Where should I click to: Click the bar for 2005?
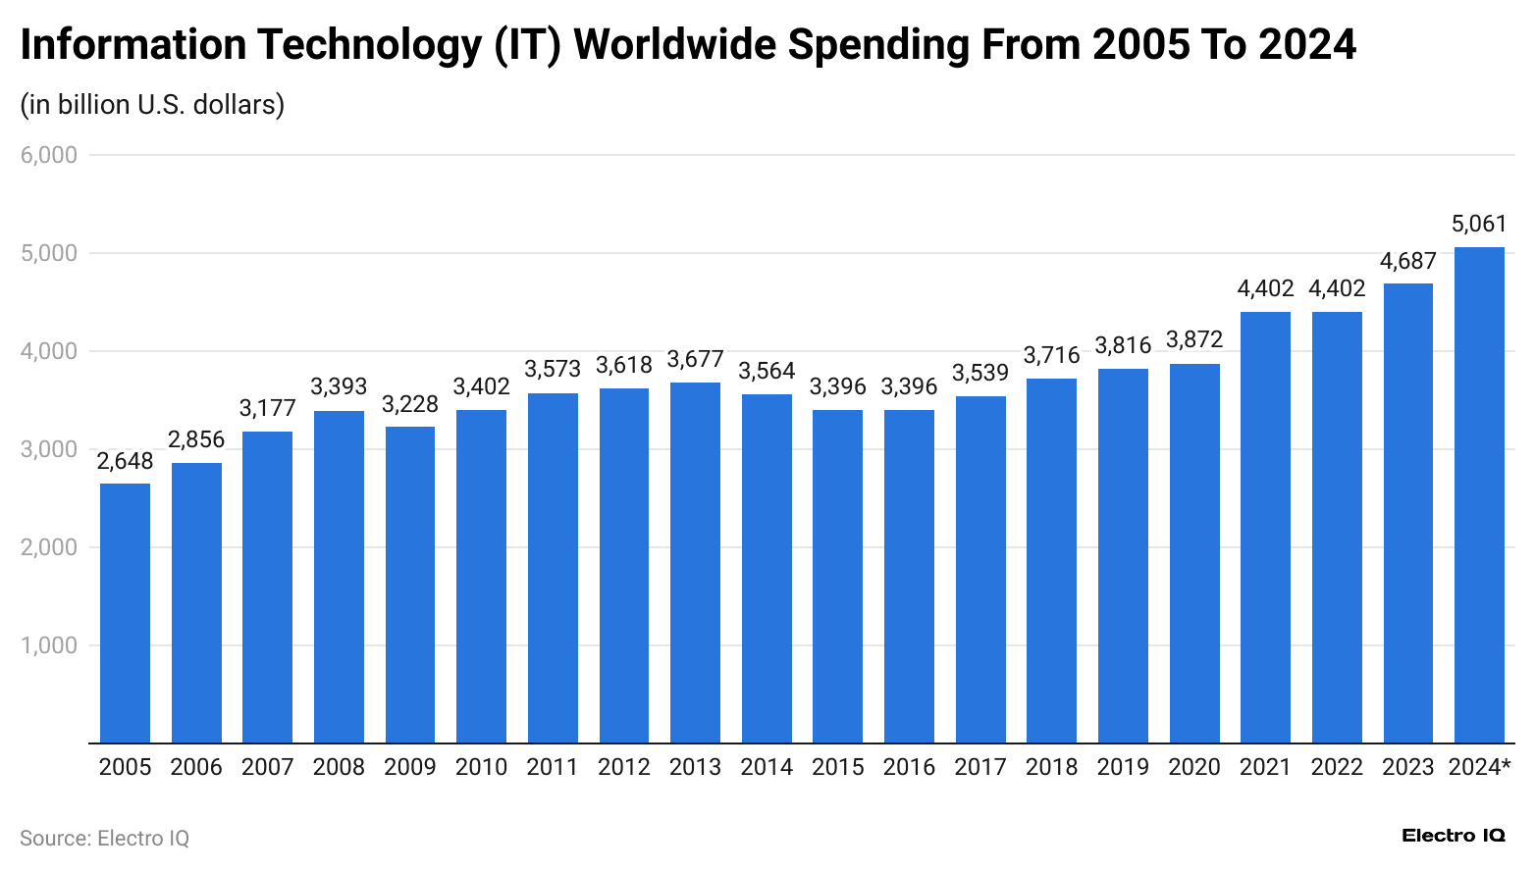point(125,613)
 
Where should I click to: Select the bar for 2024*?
point(1479,495)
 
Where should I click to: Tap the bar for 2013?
point(695,563)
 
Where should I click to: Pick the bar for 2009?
point(410,585)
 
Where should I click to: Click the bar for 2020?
point(1194,553)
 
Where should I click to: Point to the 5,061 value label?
point(1479,225)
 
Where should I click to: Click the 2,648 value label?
point(125,461)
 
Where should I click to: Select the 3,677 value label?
point(695,360)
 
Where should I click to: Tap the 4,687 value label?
point(1407,261)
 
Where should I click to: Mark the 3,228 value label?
point(410,404)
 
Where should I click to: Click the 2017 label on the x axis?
point(980,767)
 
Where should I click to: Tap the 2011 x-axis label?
point(553,767)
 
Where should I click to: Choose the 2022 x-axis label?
point(1337,767)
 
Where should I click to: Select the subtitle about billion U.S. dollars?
point(152,104)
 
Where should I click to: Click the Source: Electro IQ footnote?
point(104,839)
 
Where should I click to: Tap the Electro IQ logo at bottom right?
point(1453,836)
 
